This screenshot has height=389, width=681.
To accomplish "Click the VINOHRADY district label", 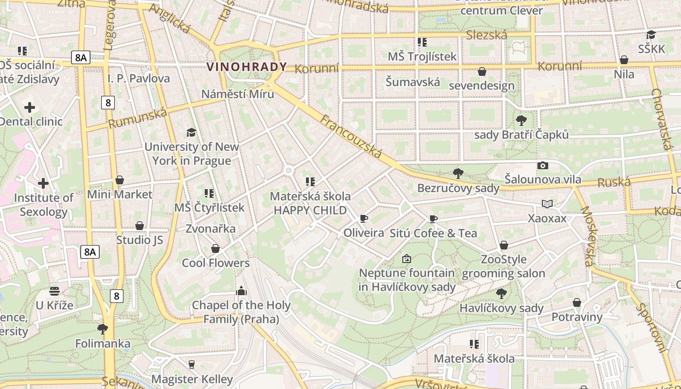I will click(x=247, y=67).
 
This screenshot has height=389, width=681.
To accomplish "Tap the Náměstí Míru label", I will click(x=238, y=94).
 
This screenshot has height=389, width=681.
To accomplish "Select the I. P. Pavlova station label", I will click(x=139, y=78).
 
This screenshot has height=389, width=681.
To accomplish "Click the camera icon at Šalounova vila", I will click(x=543, y=165).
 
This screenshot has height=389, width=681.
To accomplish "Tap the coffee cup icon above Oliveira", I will click(x=363, y=218).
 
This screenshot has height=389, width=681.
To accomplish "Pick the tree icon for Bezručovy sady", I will click(x=458, y=174).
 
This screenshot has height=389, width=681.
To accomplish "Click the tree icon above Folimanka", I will click(x=103, y=329).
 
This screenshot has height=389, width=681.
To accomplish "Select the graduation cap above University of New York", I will click(x=191, y=132).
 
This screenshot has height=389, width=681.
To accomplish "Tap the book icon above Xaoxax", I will click(x=547, y=204).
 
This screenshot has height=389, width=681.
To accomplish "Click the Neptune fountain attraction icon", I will click(x=407, y=259).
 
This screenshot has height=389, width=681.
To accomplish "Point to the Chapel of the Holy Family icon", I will click(x=241, y=291).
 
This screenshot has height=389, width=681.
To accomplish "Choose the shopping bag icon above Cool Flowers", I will click(x=215, y=248).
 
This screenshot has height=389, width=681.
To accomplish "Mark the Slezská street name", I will click(x=486, y=35).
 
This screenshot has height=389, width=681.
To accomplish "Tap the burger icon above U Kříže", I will click(x=54, y=291).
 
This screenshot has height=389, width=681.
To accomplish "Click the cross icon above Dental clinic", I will click(x=30, y=107).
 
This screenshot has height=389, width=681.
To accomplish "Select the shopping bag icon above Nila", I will click(x=624, y=60).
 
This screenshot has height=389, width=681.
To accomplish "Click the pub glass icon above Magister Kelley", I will click(x=192, y=364).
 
